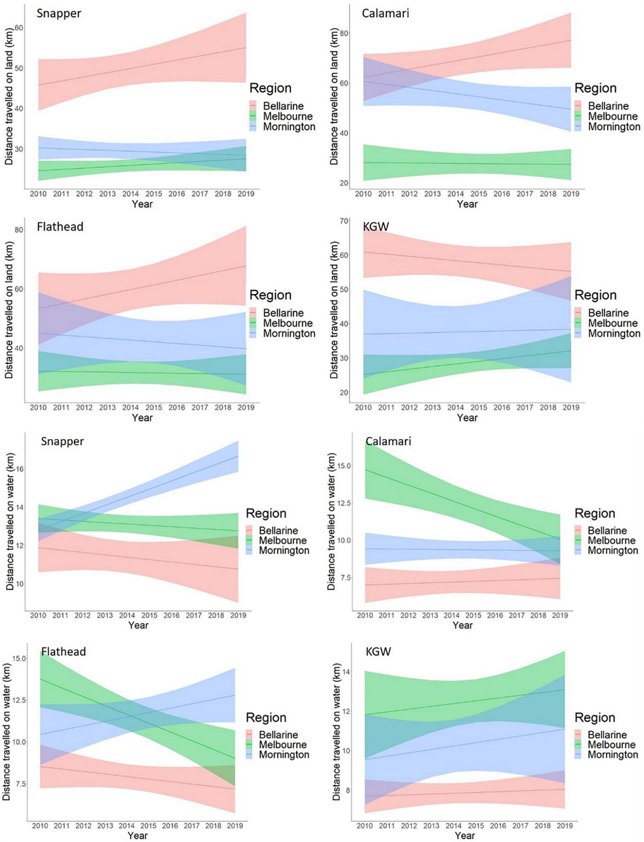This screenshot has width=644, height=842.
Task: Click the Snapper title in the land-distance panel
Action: (59, 13)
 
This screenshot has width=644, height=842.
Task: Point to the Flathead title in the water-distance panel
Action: (64, 651)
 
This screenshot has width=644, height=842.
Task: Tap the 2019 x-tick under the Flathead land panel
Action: (246, 407)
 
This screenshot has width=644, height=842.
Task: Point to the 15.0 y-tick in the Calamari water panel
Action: (342, 466)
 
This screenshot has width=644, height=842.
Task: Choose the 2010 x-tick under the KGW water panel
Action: (365, 826)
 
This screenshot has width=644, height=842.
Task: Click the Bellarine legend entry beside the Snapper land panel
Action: (283, 106)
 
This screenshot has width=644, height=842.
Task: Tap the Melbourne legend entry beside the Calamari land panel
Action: (612, 116)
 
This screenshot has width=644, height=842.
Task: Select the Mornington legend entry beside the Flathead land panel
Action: (289, 333)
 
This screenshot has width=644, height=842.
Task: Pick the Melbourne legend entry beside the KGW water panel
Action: (611, 745)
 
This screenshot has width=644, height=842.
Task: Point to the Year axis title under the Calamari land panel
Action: (467, 204)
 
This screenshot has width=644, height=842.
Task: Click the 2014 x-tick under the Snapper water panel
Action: (127, 615)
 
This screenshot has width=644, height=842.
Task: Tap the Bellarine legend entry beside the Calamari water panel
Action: (607, 531)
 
